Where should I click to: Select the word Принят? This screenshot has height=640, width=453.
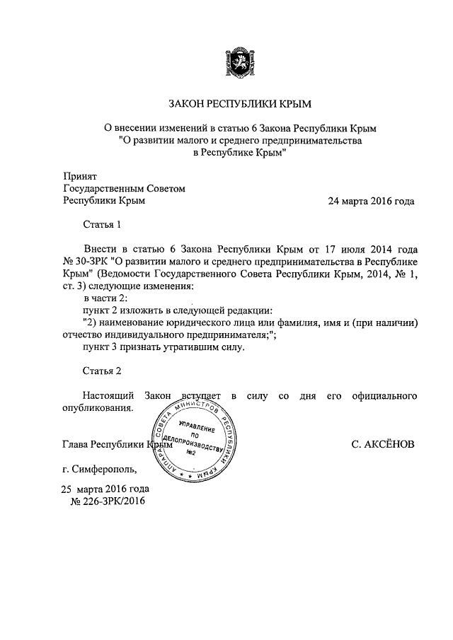point(80,175)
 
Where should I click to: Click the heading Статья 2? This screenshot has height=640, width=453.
point(103,371)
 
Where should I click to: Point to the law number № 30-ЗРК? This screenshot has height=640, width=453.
point(88,262)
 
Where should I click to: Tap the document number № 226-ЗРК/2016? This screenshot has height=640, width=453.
point(108,501)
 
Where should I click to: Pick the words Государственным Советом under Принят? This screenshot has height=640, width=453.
point(124,188)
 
